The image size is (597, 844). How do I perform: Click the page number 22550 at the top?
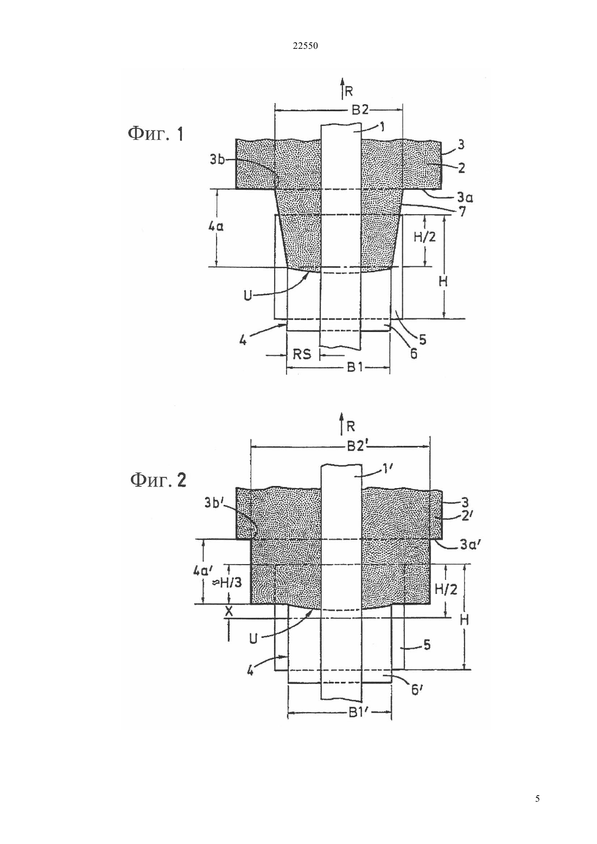305,46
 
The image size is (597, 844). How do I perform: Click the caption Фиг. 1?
156,134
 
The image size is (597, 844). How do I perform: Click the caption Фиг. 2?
158,480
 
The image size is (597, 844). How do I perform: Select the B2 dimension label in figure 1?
360,110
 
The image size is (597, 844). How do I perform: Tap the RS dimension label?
302,354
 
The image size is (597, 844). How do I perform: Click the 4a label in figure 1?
216,227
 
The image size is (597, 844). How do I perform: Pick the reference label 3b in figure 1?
218,160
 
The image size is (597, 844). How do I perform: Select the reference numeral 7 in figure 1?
462,212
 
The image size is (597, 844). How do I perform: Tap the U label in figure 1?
247,296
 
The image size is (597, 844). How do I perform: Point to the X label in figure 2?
229,611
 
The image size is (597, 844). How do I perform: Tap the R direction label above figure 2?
351,426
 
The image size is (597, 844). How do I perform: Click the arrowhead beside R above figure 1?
342,81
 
